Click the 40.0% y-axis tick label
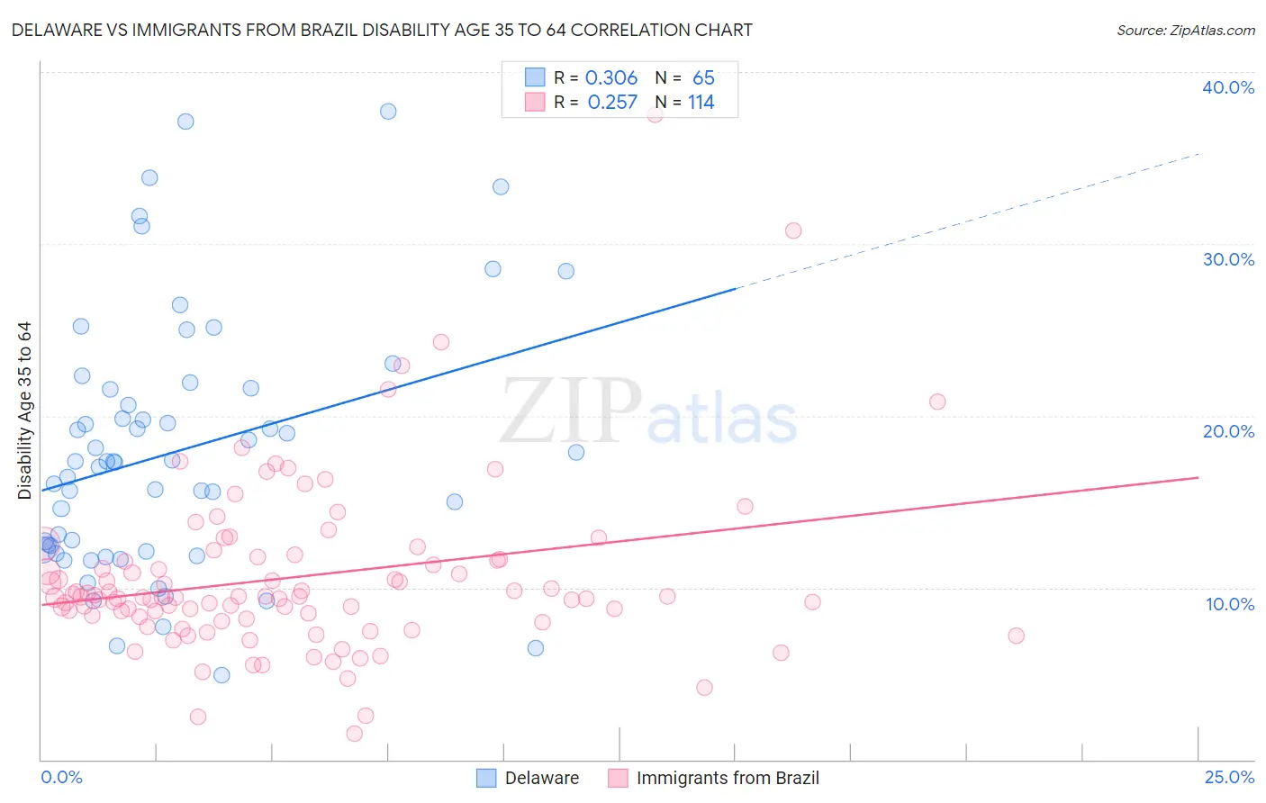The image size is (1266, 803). pyautogui.click(x=1228, y=87)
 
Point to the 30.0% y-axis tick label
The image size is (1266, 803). pyautogui.click(x=1228, y=259)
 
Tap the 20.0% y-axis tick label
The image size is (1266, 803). pyautogui.click(x=1228, y=431)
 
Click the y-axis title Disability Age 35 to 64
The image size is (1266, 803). pyautogui.click(x=24, y=411)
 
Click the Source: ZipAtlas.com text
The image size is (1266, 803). pyautogui.click(x=1185, y=30)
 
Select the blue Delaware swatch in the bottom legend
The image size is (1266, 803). pyautogui.click(x=486, y=779)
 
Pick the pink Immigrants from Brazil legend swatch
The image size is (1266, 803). pyautogui.click(x=618, y=779)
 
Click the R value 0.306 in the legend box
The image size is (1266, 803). pyautogui.click(x=611, y=78)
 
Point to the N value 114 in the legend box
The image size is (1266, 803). pyautogui.click(x=701, y=103)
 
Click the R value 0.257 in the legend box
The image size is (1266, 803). pyautogui.click(x=612, y=103)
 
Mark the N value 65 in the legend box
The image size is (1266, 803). pyautogui.click(x=703, y=78)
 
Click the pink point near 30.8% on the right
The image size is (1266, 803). pyautogui.click(x=793, y=230)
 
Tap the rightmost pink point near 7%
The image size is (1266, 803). pyautogui.click(x=1017, y=636)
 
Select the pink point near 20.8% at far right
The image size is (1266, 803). pyautogui.click(x=937, y=401)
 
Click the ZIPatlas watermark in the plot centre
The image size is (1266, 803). pyautogui.click(x=648, y=412)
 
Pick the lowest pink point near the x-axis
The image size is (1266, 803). pyautogui.click(x=355, y=734)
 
